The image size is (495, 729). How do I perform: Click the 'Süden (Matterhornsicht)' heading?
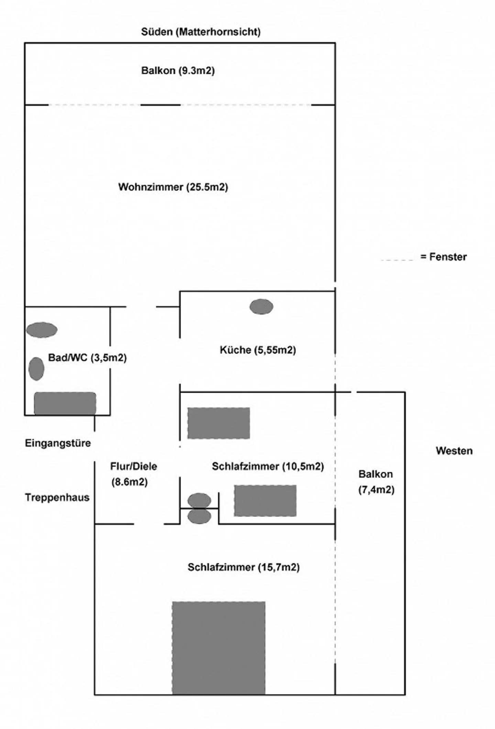click(201, 32)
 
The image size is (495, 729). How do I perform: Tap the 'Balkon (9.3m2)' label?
click(178, 71)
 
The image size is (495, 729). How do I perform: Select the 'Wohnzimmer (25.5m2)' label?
click(173, 187)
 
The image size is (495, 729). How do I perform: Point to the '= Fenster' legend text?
click(443, 257)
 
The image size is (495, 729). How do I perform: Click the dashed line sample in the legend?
click(397, 260)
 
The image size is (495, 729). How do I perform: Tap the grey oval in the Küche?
click(261, 306)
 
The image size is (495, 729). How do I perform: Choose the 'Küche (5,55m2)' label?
click(258, 350)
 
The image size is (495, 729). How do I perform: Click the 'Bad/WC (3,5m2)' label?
click(87, 358)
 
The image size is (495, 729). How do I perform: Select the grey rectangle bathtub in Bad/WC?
click(65, 403)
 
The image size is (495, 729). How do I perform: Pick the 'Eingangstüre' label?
click(58, 443)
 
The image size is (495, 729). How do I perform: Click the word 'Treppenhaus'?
click(57, 497)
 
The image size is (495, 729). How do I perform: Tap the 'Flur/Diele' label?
click(133, 467)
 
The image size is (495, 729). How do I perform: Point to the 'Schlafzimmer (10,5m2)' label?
click(268, 467)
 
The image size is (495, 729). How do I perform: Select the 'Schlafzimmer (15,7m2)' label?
click(243, 567)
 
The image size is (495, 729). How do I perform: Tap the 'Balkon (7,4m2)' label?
click(376, 482)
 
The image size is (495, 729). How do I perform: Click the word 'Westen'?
click(454, 451)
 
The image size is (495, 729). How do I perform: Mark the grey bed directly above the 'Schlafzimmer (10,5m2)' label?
click(219, 423)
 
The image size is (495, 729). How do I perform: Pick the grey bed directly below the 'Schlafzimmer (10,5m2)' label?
click(265, 501)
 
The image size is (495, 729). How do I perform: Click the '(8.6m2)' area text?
click(129, 482)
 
